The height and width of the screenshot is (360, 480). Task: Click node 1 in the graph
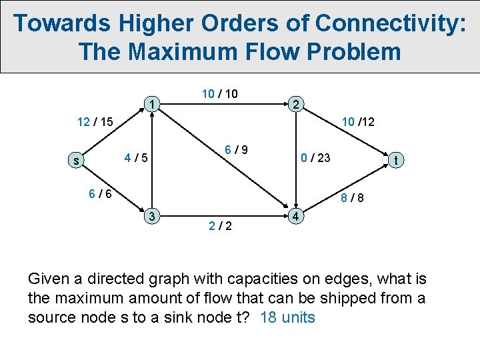[153, 105]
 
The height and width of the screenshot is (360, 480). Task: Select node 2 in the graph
[296, 104]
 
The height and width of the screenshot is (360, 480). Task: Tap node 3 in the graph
[153, 216]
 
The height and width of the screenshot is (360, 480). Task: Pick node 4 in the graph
[296, 217]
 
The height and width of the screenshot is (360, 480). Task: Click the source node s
[77, 161]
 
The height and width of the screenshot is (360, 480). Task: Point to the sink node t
[396, 160]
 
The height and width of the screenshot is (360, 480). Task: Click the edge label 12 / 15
[94, 122]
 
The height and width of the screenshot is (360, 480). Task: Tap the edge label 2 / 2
[220, 226]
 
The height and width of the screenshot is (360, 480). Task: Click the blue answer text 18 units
[287, 317]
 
